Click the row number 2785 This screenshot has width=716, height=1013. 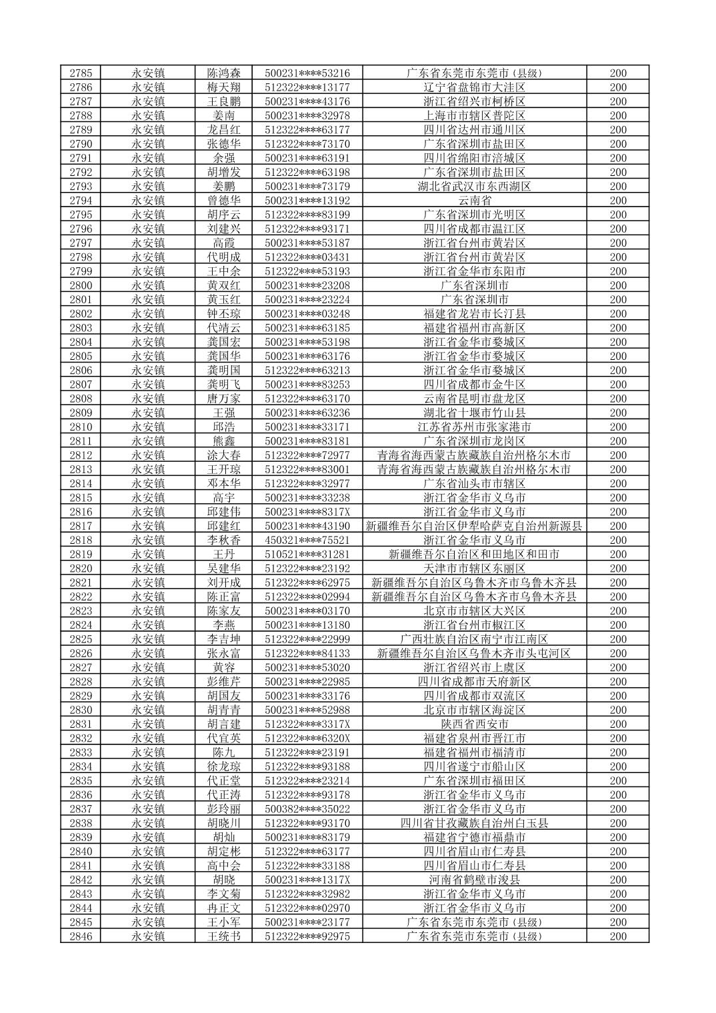point(81,73)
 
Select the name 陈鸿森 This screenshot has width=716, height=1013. point(224,73)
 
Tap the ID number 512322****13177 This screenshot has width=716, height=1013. point(307,87)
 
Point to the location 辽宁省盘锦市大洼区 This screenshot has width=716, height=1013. point(474,87)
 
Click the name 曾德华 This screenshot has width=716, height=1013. point(224,201)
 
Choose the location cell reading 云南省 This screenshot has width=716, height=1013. point(474,201)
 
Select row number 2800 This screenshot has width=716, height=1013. point(81,285)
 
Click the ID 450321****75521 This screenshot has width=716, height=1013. point(307,540)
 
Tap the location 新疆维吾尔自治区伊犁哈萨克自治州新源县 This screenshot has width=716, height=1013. point(474,526)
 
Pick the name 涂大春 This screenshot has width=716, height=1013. point(224,455)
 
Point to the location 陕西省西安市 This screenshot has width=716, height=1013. point(474,724)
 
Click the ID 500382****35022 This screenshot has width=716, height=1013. point(307,809)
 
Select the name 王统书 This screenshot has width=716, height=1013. point(224,936)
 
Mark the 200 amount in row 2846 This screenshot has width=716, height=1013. point(618,936)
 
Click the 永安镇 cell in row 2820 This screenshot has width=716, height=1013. point(148,568)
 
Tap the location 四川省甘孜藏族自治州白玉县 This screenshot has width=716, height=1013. point(474,823)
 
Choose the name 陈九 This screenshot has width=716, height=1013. point(224,752)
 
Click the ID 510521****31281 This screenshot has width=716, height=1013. point(307,554)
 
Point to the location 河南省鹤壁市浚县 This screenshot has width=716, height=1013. point(474,880)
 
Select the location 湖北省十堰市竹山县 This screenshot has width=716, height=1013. point(474,413)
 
